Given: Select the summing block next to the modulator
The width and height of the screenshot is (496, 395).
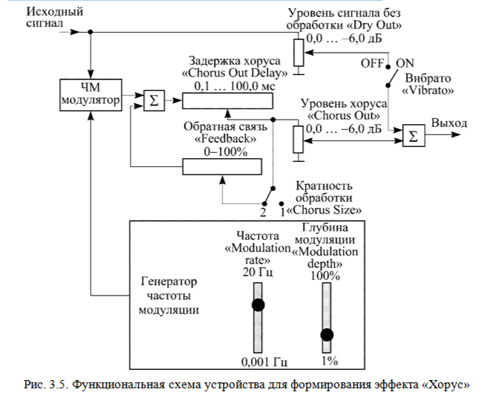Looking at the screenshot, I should (153, 99).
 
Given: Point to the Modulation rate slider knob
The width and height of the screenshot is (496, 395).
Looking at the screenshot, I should (258, 304).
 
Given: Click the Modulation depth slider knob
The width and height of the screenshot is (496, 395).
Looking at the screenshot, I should (326, 334).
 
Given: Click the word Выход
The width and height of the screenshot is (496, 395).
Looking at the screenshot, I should (451, 123).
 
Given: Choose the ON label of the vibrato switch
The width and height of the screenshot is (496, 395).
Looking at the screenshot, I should (405, 64).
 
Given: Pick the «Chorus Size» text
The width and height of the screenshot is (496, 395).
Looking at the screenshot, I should (323, 210).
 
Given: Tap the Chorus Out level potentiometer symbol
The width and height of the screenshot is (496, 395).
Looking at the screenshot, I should (298, 138).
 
